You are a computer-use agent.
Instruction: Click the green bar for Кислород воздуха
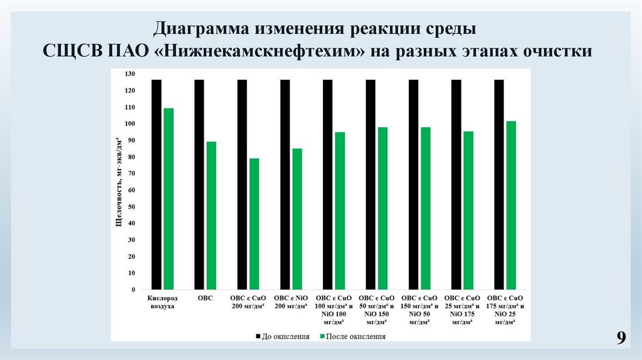[168, 199]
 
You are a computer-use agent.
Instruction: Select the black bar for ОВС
[199, 185]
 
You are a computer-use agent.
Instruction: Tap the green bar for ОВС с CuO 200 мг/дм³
[254, 224]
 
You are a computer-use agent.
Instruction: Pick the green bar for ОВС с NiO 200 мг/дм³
[297, 219]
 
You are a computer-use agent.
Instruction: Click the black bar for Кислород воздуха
[157, 185]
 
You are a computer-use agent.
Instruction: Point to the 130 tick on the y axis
[130, 74]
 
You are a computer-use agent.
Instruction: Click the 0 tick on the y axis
[133, 290]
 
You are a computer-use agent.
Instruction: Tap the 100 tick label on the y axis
[130, 124]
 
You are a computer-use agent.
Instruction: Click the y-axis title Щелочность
[118, 182]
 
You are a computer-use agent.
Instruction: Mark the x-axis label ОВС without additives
[205, 298]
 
